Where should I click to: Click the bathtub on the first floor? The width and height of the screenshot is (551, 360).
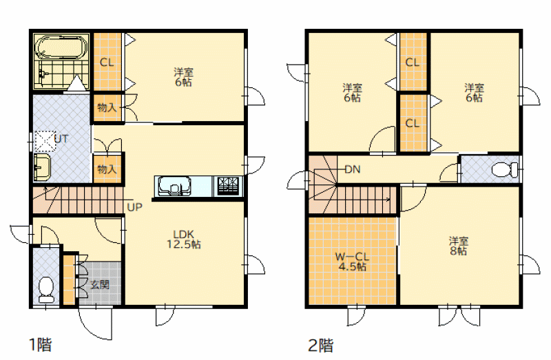point(62,47)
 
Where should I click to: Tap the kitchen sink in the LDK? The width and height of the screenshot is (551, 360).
point(174,186)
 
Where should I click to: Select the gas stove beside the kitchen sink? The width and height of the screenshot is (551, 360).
point(228,186)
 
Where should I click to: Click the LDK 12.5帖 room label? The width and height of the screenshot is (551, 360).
point(184,239)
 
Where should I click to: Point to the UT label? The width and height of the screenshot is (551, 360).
point(61,139)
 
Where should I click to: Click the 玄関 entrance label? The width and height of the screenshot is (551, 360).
point(100,284)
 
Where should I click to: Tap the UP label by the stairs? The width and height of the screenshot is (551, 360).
point(134,207)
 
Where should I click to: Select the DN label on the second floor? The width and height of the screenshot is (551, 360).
point(353,169)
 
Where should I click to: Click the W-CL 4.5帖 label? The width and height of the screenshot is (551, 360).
point(352,262)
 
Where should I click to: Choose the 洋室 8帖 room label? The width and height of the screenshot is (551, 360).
point(459,246)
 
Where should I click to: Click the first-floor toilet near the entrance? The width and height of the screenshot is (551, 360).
point(46,290)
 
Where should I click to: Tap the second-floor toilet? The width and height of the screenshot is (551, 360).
point(505,170)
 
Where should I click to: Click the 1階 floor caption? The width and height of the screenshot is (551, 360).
point(41,345)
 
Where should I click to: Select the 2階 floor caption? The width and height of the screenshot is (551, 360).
point(321,346)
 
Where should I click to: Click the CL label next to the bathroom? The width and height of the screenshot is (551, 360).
point(107,63)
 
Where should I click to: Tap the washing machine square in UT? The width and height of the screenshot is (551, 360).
point(45,141)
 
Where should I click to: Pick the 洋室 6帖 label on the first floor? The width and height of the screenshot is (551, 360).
point(183,77)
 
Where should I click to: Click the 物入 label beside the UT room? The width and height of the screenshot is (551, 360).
point(107,169)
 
